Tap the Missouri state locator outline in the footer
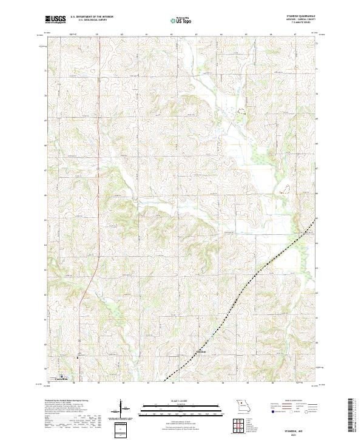(244, 404)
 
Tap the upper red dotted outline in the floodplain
(242, 112)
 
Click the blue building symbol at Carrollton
(61, 375)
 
